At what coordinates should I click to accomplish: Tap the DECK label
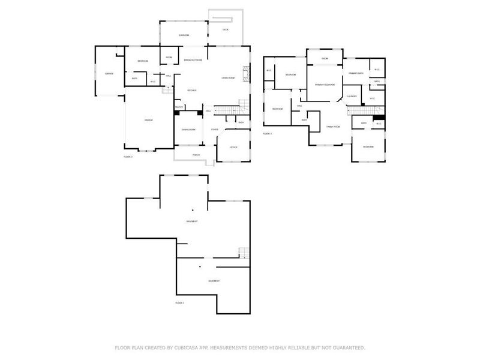tap(226, 29)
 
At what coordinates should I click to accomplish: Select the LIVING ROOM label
tap(227, 78)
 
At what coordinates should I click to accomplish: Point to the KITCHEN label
tap(192, 91)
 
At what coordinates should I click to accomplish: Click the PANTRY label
tap(179, 107)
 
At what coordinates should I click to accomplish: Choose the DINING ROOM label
tap(188, 130)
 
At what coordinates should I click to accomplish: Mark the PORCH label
tap(196, 155)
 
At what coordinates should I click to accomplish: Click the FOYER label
tap(215, 130)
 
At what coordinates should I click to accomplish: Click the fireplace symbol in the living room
tap(245, 74)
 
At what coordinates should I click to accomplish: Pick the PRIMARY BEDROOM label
tap(325, 85)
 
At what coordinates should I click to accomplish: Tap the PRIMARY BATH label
tap(356, 73)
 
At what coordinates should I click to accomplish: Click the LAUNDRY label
tap(352, 96)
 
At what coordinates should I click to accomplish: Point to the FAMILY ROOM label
tap(333, 127)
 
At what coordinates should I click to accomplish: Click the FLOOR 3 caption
tap(267, 133)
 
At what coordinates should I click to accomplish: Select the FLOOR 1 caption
tap(179, 304)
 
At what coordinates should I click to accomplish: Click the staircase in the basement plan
tap(242, 253)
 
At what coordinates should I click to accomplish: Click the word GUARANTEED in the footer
tap(350, 347)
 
